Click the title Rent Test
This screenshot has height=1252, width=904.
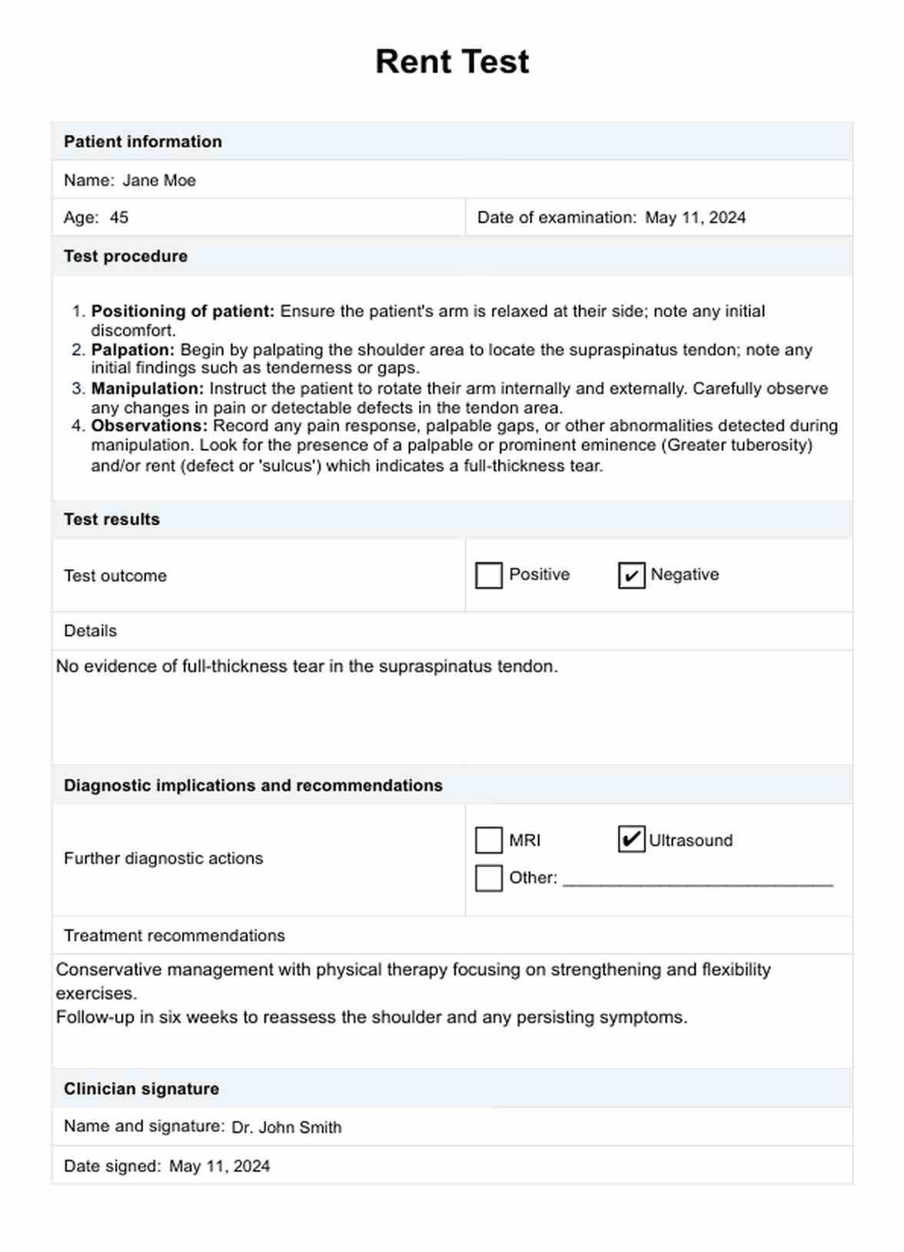click(452, 61)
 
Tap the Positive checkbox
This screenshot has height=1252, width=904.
click(489, 575)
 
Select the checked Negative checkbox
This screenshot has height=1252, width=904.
click(631, 575)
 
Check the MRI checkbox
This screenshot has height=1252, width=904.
click(489, 840)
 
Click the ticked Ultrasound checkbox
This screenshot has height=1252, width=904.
click(631, 840)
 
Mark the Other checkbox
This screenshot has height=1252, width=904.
click(489, 878)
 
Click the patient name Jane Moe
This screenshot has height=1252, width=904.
click(159, 181)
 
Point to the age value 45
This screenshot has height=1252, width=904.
click(119, 218)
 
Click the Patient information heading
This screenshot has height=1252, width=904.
click(143, 142)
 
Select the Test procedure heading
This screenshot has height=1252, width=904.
click(125, 257)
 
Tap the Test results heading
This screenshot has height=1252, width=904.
click(111, 520)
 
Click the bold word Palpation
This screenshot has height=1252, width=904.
click(132, 350)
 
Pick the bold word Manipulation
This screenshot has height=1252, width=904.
click(147, 389)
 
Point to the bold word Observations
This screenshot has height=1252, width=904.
click(149, 426)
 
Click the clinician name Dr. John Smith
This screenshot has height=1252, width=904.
click(287, 1128)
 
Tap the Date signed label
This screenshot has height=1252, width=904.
click(112, 1167)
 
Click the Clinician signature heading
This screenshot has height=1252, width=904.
click(141, 1089)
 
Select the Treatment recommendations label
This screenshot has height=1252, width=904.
click(174, 936)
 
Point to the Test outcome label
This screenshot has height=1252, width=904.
click(115, 576)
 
